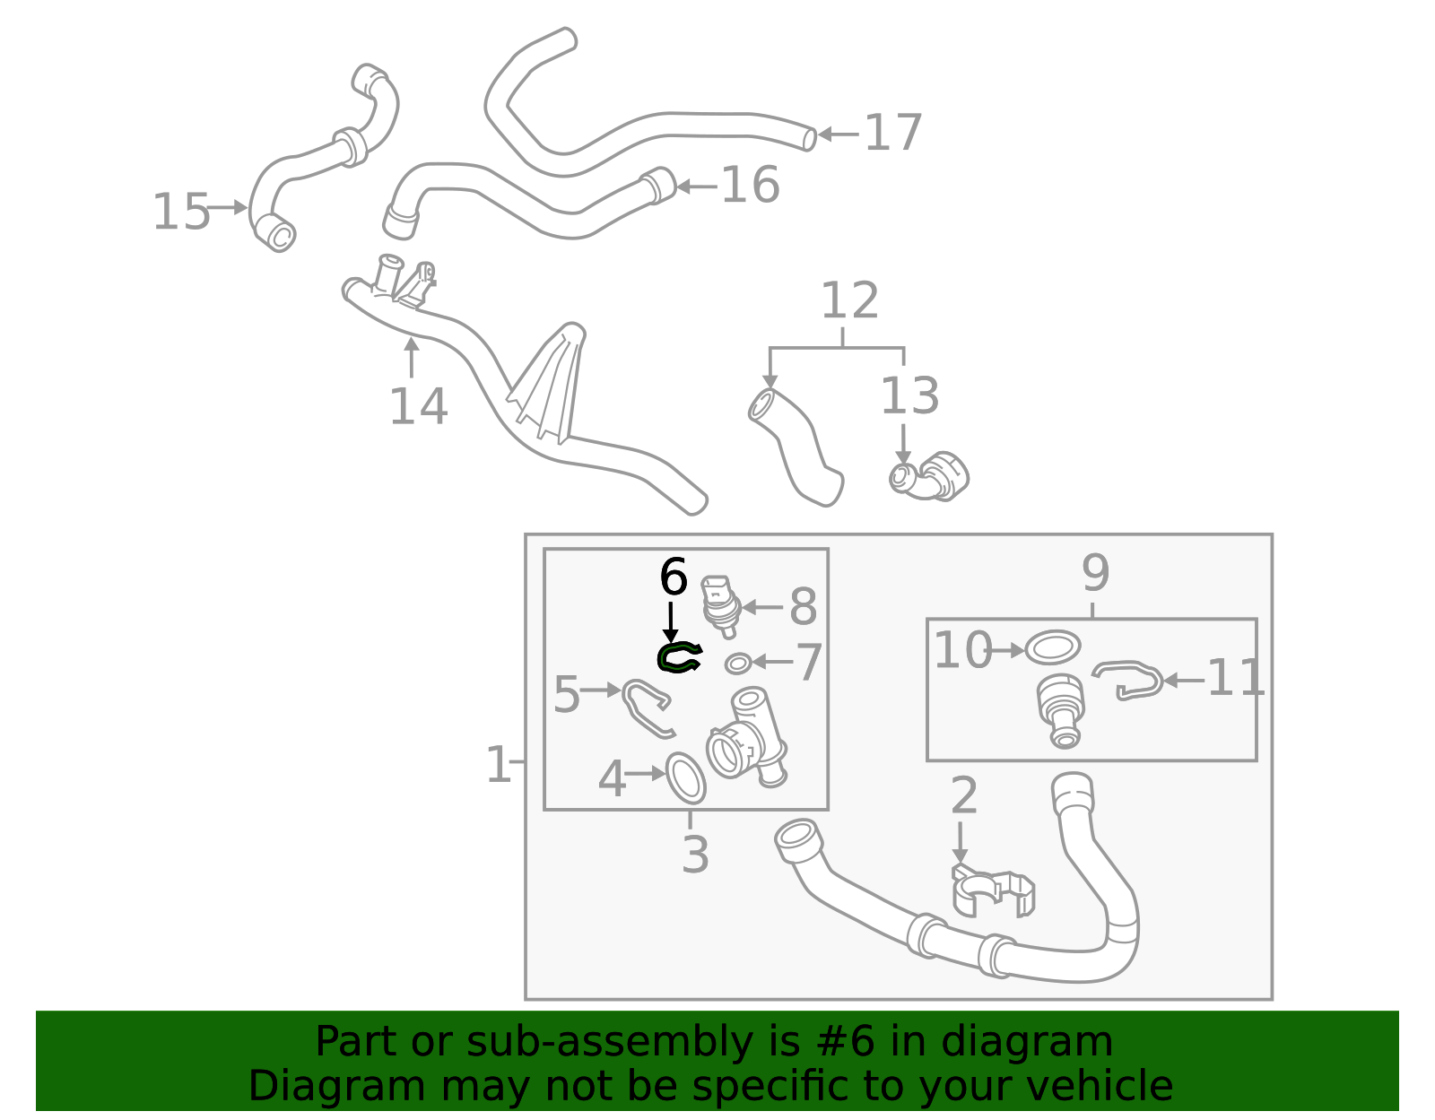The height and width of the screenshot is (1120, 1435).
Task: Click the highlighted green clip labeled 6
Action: click(x=679, y=659)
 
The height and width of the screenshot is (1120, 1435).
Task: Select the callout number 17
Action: click(x=892, y=134)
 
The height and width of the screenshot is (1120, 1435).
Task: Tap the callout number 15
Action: click(x=180, y=213)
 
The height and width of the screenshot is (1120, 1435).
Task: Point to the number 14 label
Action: click(x=418, y=407)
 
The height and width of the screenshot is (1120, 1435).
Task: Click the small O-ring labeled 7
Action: click(x=737, y=664)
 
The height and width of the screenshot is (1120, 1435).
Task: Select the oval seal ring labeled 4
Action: click(x=686, y=777)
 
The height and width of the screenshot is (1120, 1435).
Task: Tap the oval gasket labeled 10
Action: click(x=1052, y=647)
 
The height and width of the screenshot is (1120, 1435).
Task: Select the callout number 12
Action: click(x=849, y=301)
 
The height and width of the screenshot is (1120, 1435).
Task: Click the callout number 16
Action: click(x=750, y=186)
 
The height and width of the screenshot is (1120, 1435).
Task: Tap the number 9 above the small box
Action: click(x=1095, y=573)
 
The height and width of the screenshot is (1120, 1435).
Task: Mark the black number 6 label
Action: click(x=673, y=577)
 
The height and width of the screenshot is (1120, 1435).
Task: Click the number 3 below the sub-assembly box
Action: click(x=695, y=855)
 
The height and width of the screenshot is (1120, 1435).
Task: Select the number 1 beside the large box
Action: click(x=498, y=766)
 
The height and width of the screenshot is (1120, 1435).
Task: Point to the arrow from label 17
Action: click(x=838, y=135)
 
